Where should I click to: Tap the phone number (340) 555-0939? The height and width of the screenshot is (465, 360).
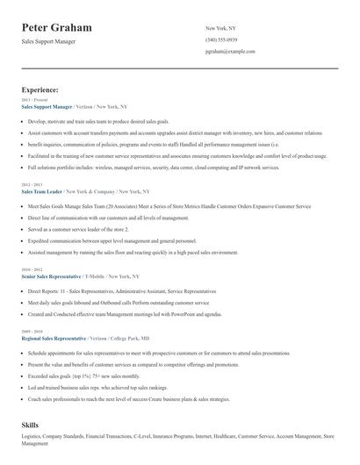223,39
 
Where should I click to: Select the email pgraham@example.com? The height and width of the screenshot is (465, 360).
230,52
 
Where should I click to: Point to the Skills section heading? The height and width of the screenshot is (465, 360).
32,424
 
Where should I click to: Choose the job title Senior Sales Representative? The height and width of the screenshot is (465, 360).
51,275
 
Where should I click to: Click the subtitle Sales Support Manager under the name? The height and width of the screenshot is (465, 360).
49,41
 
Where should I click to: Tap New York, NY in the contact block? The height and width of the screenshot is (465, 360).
220,28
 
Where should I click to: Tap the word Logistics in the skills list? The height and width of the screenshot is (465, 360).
36,436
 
